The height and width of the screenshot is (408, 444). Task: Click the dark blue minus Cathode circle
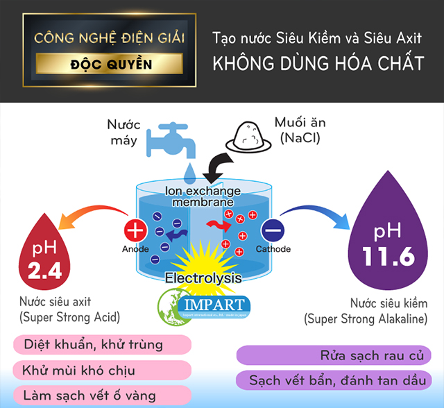[271, 229]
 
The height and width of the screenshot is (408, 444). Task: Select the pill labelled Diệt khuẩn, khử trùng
[93, 345]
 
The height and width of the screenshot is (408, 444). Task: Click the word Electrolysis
[203, 278]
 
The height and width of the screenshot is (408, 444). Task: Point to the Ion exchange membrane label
[203, 196]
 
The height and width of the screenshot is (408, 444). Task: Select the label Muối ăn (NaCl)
[300, 130]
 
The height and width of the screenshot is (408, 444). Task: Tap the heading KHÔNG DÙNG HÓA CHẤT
[318, 64]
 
